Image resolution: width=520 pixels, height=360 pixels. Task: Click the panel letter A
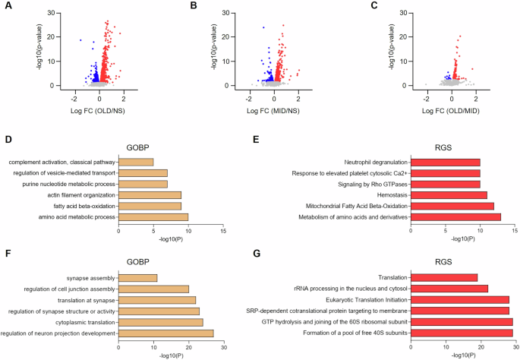[x=9, y=8]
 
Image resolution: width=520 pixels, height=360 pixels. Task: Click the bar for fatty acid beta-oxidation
[x=150, y=205]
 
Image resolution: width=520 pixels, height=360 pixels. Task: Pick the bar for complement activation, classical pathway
[x=136, y=162]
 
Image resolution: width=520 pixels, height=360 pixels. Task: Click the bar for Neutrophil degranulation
[x=445, y=162]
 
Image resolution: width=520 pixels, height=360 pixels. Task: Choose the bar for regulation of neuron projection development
[x=165, y=333]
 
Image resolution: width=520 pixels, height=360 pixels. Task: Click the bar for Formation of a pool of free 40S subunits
[x=462, y=333]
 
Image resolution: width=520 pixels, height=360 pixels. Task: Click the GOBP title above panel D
[x=171, y=150]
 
